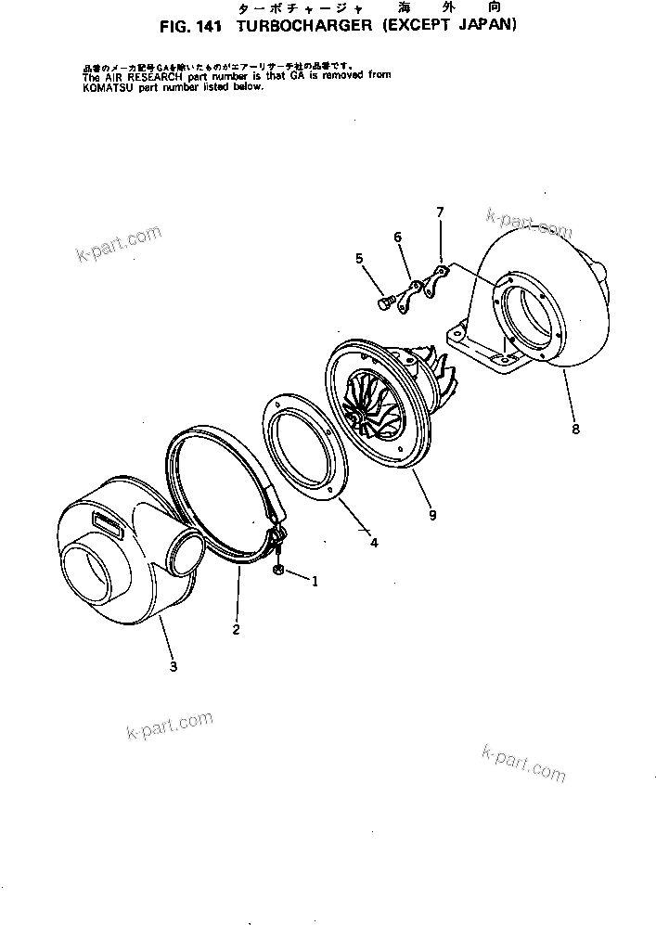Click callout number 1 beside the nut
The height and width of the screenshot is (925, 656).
click(315, 582)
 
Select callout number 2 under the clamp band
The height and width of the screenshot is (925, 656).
click(236, 630)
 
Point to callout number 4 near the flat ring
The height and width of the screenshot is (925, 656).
click(374, 543)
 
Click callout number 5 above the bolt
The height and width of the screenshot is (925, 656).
click(359, 259)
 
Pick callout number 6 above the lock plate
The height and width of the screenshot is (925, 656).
click(398, 238)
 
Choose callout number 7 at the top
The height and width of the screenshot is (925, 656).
click(440, 213)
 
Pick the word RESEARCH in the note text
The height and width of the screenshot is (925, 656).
click(145, 77)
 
